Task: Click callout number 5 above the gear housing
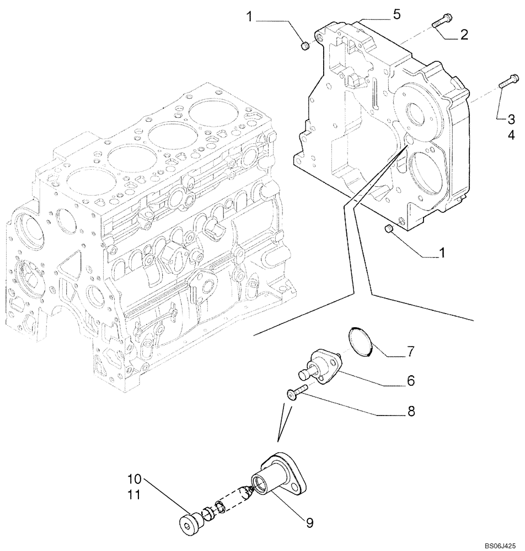396,14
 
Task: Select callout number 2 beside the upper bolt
464,35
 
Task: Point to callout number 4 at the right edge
511,134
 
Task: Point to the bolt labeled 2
440,22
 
